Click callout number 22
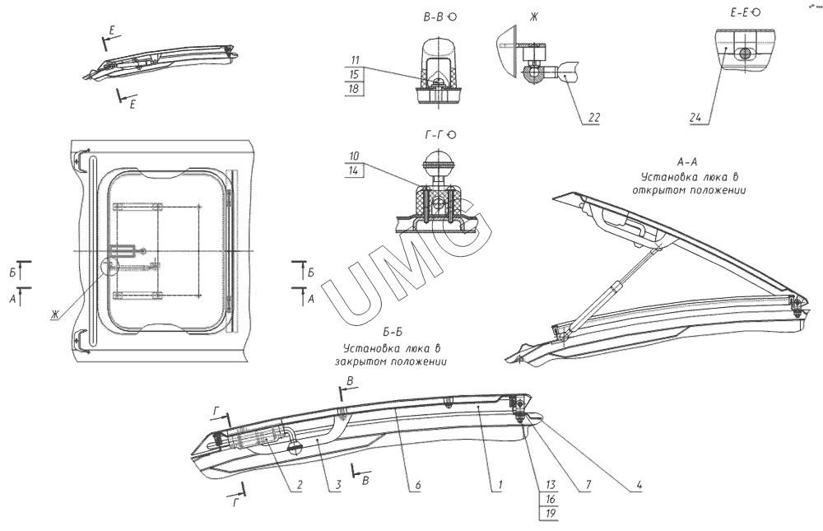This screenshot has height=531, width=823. click(593, 119)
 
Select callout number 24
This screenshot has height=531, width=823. click(695, 119)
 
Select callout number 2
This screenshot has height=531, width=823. click(300, 485)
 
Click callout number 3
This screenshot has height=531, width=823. click(337, 485)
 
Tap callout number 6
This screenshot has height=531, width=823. click(417, 485)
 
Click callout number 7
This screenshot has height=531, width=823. click(588, 485)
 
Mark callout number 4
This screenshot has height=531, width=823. click(639, 485)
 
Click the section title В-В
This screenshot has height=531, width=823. click(434, 16)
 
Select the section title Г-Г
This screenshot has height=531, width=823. click(434, 134)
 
